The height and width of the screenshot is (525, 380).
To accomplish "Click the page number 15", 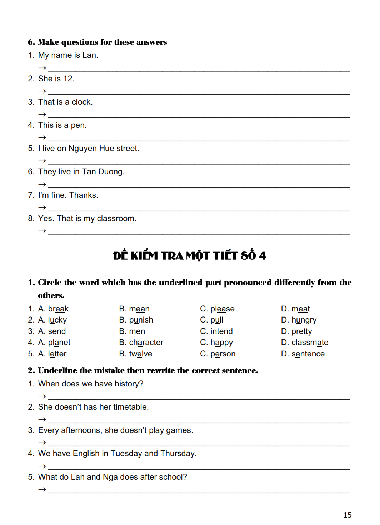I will (x=347, y=515).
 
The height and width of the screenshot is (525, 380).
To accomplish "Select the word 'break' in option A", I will (x=58, y=309).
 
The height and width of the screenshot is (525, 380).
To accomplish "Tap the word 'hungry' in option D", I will (x=304, y=320).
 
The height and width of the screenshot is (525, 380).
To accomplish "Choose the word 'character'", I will (x=146, y=342).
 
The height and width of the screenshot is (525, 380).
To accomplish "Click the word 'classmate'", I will (x=310, y=342).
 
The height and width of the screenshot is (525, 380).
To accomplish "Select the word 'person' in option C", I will (x=223, y=354).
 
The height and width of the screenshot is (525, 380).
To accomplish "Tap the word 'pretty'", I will (x=301, y=331).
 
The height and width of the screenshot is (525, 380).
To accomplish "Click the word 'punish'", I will (x=141, y=320).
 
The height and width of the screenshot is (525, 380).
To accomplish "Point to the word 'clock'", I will (x=82, y=102).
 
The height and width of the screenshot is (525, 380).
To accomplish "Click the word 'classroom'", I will (x=116, y=219).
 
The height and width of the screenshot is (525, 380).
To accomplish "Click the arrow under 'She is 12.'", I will (x=42, y=91).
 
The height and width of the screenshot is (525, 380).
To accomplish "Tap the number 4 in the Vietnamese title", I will (x=262, y=256).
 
